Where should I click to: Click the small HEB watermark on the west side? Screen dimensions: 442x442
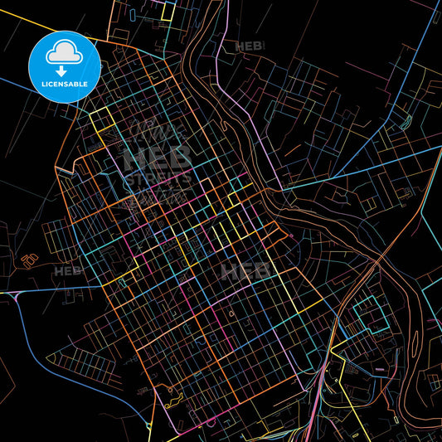pos(68,270)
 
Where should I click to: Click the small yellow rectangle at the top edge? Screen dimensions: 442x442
pos(168,12)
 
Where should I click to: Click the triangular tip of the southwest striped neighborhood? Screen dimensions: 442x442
pos(50,357)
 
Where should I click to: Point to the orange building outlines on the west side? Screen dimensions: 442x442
pos(30,260)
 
